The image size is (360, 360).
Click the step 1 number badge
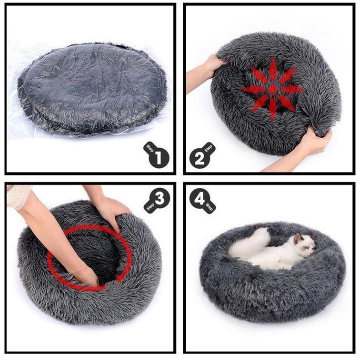pos(156,155)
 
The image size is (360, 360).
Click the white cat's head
pos(304,245)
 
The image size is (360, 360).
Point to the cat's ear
pos(297,237)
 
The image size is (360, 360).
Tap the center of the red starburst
pos(273,89)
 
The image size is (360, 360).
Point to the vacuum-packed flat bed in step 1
pos(92,88)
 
